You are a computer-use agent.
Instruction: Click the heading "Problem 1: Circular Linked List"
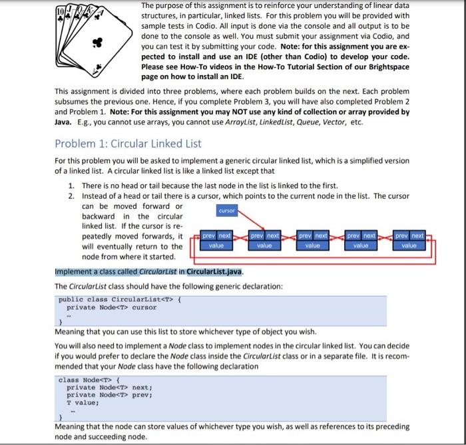pos(128,143)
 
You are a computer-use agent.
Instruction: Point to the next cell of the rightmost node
pos(417,235)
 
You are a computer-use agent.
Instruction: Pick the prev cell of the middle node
pos(304,235)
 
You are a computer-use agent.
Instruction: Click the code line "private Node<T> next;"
pos(111,387)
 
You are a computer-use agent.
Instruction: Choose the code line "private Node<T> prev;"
pos(111,394)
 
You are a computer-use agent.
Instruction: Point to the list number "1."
pos(72,185)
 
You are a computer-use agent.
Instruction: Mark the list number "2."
pos(72,196)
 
